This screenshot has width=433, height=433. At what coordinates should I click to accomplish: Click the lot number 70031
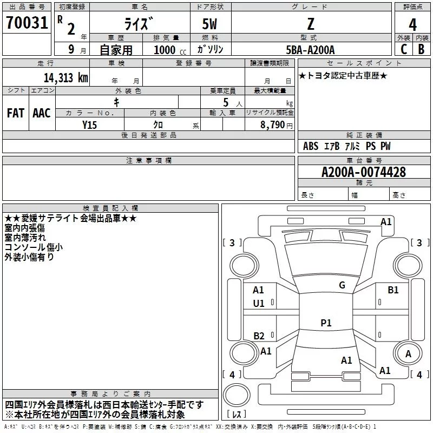pos(27,23)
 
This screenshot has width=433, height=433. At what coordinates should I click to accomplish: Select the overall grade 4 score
pos(412,24)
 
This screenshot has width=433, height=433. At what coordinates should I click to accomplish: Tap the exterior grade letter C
pos(404,49)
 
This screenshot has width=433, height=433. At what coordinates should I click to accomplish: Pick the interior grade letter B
pos(421,49)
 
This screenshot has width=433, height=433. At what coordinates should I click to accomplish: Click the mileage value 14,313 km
pos(66,77)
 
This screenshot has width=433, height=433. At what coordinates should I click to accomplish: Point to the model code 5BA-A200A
pos(310,50)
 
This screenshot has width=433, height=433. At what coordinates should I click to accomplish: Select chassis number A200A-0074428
pos(364,172)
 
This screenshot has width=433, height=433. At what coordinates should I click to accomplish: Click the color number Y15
pos(89,125)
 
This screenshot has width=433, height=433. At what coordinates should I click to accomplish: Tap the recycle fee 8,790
pos(272,124)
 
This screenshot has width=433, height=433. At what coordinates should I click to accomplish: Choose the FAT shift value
pos(16,113)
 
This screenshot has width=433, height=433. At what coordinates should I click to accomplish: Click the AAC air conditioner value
pos(42,113)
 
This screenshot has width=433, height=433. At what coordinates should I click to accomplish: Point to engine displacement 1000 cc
pos(170,50)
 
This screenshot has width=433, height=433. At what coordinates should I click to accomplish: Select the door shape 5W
pos(209,24)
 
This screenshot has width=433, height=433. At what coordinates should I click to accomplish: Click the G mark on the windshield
pos(342,285)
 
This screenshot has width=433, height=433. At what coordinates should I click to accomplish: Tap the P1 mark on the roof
pos(326,323)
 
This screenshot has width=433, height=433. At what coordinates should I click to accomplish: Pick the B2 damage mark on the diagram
pos(259,336)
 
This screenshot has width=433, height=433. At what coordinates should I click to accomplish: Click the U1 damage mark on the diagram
pos(259,304)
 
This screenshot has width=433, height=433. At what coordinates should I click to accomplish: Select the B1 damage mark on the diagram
pos(393,290)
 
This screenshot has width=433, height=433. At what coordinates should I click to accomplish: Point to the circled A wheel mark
pos(408,354)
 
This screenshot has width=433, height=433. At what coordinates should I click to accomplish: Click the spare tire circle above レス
pos(237,395)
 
